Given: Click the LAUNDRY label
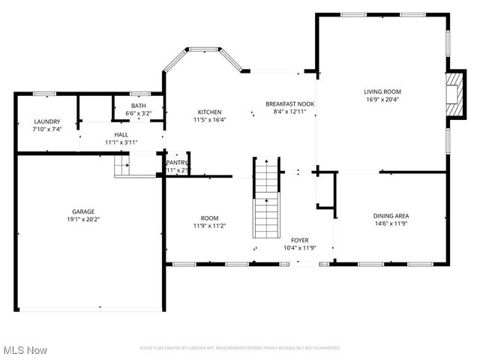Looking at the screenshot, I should (46, 121).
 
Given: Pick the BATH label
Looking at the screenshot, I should (139, 106).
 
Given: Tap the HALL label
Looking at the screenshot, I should (121, 134).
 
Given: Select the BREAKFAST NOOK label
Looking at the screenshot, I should (289, 103).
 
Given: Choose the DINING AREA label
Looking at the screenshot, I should (391, 216).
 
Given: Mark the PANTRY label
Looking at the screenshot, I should (177, 163).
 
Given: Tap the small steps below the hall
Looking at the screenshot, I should (121, 165).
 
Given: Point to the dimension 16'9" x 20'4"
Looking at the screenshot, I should (382, 99).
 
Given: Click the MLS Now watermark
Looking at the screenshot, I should (25, 350).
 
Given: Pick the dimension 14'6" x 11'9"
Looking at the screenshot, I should (391, 223).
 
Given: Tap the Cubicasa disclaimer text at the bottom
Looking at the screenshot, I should (240, 348).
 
